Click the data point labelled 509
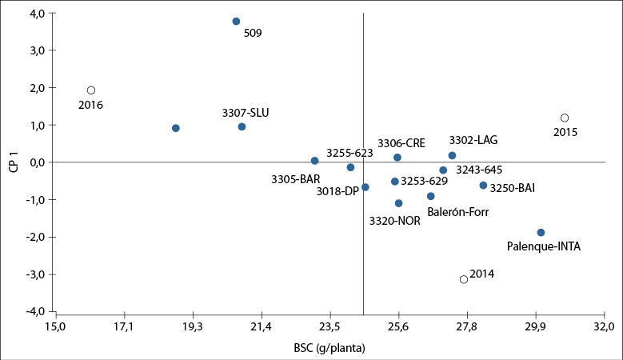point(236,22)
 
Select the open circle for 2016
point(91,90)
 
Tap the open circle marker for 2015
point(565,118)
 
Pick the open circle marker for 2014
point(464,279)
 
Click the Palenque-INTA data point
point(541,233)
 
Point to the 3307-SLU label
point(246,113)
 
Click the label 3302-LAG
point(473,140)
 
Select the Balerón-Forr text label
point(457,212)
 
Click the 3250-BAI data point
point(483,186)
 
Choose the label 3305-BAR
point(295,179)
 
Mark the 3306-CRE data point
point(397,158)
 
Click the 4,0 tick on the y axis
point(37,14)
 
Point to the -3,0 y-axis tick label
point(35,274)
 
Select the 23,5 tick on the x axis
point(330,326)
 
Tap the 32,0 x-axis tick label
point(604,326)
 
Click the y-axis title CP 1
point(14,163)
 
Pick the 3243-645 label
point(479,170)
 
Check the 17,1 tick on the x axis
point(124,326)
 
